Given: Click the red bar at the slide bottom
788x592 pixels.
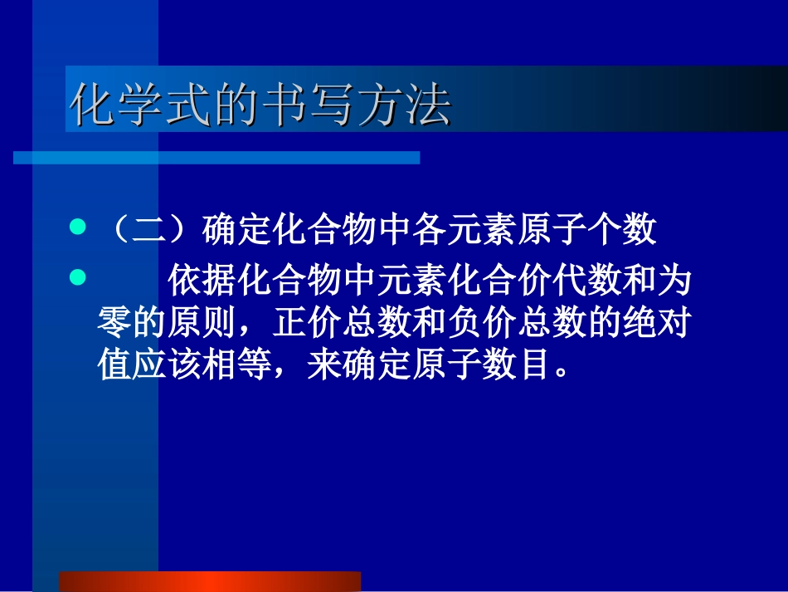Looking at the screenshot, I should (210, 581).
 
